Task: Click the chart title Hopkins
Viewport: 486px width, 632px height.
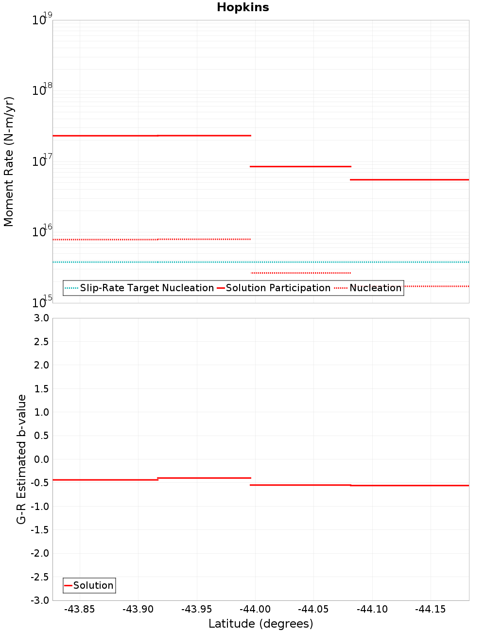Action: click(243, 7)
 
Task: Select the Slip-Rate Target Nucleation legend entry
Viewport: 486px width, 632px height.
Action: click(146, 288)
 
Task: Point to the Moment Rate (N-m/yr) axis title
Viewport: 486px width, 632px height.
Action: click(9, 161)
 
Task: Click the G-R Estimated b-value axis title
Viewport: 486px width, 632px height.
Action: click(21, 459)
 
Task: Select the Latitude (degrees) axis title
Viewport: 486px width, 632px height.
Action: click(260, 624)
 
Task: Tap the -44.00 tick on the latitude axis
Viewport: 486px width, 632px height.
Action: click(255, 609)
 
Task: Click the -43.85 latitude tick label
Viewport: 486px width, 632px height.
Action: click(80, 609)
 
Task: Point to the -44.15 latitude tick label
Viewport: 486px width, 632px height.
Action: click(431, 609)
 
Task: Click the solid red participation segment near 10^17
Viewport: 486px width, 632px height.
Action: click(300, 166)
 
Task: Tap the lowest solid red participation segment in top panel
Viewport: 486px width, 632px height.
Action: click(409, 180)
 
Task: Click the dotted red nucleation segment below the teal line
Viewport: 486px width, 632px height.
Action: click(300, 273)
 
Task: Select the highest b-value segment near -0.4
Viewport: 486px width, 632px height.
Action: click(204, 478)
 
